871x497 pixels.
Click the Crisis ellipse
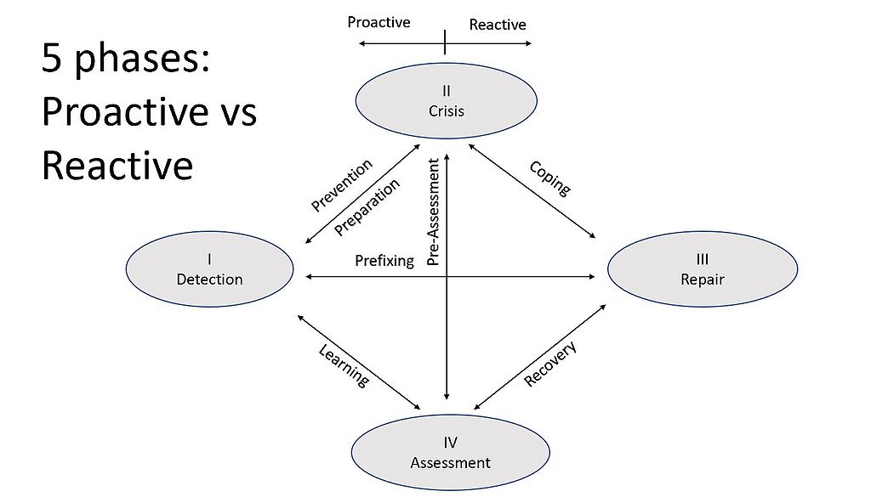coord(446,100)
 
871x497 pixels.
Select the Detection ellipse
coord(209,269)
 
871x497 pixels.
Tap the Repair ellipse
coord(702,269)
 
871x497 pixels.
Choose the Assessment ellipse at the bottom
coord(450,453)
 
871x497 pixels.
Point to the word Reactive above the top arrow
coord(498,25)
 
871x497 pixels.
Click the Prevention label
coord(341,185)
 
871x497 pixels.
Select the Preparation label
coord(367,206)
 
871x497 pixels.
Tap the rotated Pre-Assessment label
coord(433,212)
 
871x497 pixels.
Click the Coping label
coord(550,178)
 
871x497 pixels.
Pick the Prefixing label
coord(384,260)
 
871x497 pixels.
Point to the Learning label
coord(344,365)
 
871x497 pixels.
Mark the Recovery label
coord(550,364)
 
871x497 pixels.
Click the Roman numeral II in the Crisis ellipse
coord(447,90)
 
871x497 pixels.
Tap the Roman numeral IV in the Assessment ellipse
coord(450,443)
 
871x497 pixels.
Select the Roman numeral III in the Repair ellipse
coord(702,259)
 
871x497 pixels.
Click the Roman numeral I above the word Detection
coord(209,259)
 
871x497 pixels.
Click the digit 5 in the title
coord(53,63)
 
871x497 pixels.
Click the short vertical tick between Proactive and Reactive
coord(445,41)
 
